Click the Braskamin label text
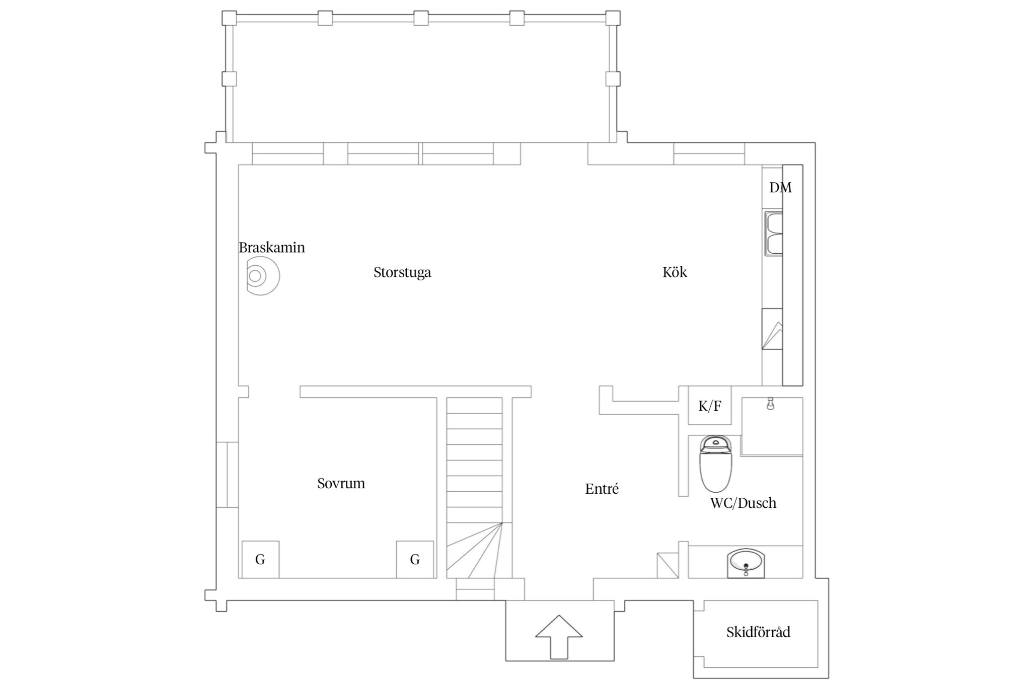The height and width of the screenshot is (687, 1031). click(272, 248)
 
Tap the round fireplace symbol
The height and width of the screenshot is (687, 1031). click(262, 276)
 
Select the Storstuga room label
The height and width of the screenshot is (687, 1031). click(402, 273)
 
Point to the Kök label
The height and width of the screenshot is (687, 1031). click(675, 272)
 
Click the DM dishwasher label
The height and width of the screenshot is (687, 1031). click(780, 188)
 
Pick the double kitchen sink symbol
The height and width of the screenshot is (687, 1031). click(774, 234)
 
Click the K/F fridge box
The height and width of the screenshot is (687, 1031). click(710, 406)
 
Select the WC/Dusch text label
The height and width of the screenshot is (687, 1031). click(743, 503)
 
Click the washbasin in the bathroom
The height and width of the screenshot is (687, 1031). click(746, 563)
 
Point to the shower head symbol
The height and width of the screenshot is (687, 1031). click(770, 404)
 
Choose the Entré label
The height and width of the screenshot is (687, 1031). click(602, 489)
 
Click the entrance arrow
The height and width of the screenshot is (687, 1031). click(559, 637)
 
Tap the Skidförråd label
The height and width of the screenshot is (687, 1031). click(758, 632)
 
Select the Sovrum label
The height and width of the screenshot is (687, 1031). click(341, 484)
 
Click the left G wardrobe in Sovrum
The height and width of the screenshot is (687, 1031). click(260, 559)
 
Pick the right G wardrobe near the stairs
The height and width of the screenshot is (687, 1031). click(415, 559)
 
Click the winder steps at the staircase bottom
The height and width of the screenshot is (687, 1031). click(474, 550)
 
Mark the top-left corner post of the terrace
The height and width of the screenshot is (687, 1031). click(229, 18)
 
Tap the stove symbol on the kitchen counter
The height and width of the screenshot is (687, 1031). click(772, 329)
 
